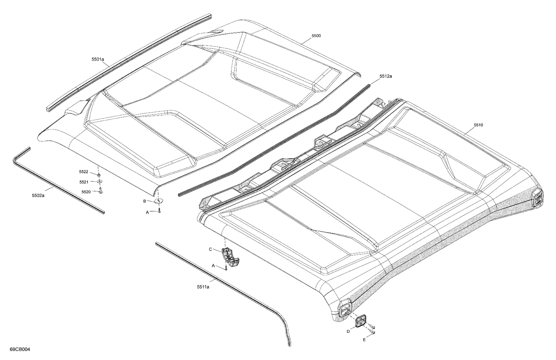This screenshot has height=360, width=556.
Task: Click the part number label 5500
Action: pos(316,36)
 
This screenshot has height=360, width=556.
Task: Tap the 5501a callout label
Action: pos(98,59)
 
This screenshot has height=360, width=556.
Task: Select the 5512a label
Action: pos(385,76)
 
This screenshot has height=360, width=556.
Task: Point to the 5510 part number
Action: pos(478,125)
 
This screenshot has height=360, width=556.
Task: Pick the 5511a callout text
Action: pos(203,286)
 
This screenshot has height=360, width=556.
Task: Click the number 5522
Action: pos(83,171)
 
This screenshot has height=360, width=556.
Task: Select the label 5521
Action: pos(83,182)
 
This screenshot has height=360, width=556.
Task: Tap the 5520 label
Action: pos(86,191)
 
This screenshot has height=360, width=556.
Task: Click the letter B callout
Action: pos(145,201)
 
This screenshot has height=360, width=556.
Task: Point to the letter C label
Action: pos(210,249)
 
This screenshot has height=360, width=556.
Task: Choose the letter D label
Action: pos(348,331)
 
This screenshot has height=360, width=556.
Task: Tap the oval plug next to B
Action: pos(159,201)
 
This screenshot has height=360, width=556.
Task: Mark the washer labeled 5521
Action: pos(100,181)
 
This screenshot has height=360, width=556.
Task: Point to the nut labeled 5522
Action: pos(99,174)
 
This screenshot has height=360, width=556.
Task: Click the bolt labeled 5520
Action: pos(100,190)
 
